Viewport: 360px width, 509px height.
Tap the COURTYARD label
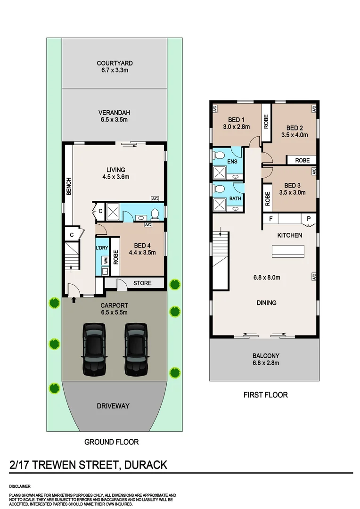click(x=115, y=63)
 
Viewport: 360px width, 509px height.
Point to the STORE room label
click(x=142, y=283)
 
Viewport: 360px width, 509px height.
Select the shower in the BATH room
click(x=220, y=205)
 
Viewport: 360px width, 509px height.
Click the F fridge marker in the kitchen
click(x=270, y=219)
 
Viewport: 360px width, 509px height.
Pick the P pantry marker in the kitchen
click(x=309, y=219)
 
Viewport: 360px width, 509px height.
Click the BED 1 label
click(x=236, y=119)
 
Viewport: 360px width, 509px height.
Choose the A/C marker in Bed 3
click(x=313, y=172)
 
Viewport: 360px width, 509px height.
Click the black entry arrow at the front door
click(x=74, y=299)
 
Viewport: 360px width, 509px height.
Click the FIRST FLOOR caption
click(x=265, y=395)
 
